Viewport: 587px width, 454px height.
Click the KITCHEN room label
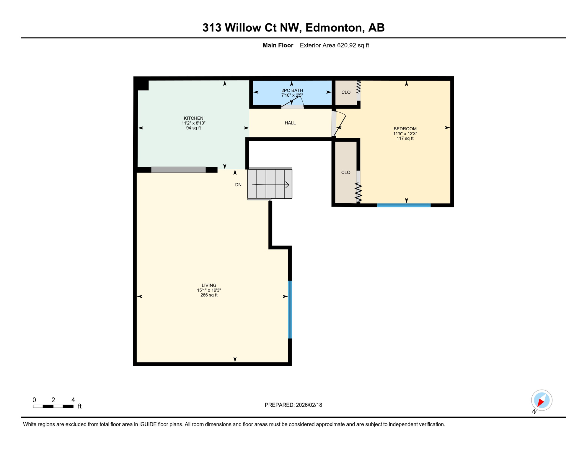[193, 118]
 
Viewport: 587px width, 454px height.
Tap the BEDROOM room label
[405, 129]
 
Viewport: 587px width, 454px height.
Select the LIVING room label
[209, 286]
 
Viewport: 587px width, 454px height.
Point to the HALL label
[290, 123]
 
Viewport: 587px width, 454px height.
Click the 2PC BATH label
[292, 90]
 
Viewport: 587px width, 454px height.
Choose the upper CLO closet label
[346, 93]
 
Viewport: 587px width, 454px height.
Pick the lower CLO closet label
[345, 173]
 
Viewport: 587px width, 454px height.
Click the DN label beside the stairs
[238, 185]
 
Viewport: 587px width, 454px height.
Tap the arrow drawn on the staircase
[270, 185]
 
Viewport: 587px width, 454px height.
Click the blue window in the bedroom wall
[404, 205]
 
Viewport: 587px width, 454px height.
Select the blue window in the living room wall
[290, 309]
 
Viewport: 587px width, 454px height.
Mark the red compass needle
[541, 402]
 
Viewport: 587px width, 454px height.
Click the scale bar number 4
[73, 400]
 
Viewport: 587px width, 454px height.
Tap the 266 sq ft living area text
[209, 295]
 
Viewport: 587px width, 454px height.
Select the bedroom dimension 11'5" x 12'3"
[405, 134]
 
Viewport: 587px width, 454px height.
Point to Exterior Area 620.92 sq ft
[334, 46]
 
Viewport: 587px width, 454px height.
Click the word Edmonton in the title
[334, 28]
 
